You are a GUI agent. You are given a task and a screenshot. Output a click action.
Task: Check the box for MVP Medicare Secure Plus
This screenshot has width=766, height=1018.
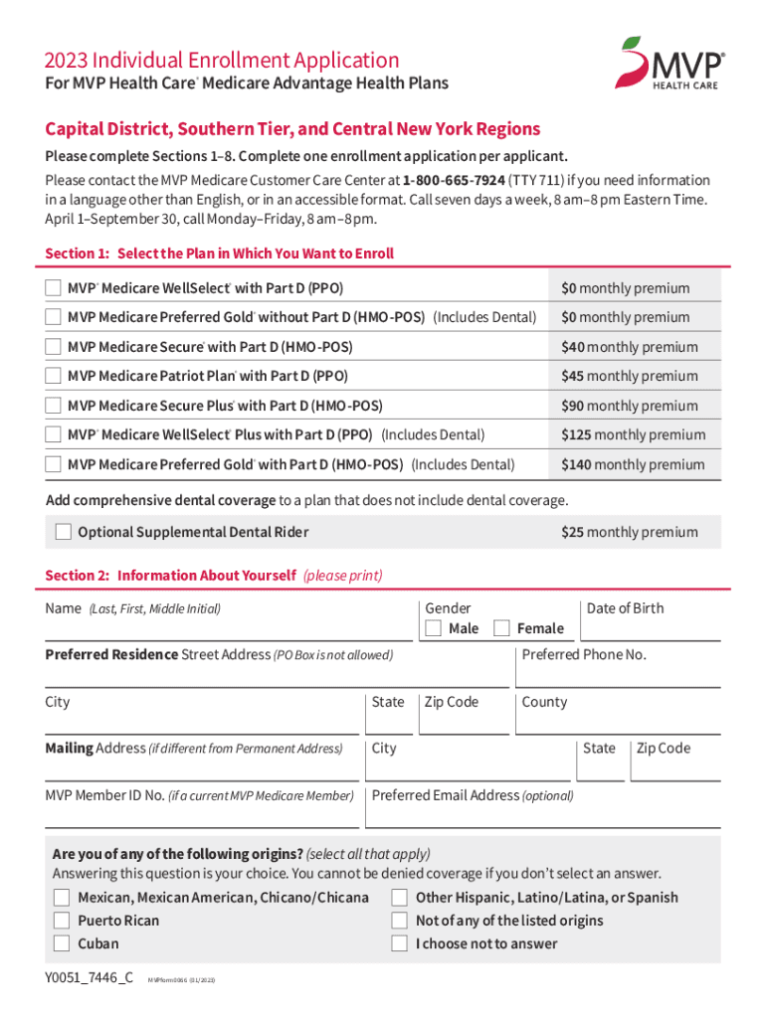[53, 406]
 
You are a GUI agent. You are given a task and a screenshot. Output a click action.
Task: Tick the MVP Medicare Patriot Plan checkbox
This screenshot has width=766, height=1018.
[53, 376]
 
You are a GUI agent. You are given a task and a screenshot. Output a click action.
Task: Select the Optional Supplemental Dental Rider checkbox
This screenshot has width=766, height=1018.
[64, 532]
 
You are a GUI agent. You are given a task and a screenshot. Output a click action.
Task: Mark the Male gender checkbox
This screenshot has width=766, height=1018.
[433, 628]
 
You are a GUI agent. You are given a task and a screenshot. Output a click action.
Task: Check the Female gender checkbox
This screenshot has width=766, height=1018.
[501, 628]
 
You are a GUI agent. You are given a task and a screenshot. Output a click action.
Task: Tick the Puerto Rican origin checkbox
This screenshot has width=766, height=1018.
[62, 921]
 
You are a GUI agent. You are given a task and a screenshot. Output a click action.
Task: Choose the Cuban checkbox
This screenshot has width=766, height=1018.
[62, 943]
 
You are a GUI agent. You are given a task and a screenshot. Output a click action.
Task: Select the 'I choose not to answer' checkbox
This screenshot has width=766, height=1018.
[400, 943]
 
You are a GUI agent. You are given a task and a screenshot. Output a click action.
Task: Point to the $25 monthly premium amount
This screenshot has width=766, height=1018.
[630, 532]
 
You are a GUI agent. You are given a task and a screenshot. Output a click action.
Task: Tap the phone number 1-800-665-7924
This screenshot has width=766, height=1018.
[453, 181]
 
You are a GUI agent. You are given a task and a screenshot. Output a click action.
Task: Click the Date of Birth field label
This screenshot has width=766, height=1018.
[625, 608]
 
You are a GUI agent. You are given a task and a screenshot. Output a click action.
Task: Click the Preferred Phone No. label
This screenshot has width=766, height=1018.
[584, 655]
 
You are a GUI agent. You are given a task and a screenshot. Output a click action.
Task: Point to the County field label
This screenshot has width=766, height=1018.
[544, 702]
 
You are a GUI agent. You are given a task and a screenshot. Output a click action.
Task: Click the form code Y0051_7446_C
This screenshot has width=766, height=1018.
[89, 977]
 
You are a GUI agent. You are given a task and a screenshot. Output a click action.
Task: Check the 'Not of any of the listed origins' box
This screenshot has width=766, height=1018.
[400, 921]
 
